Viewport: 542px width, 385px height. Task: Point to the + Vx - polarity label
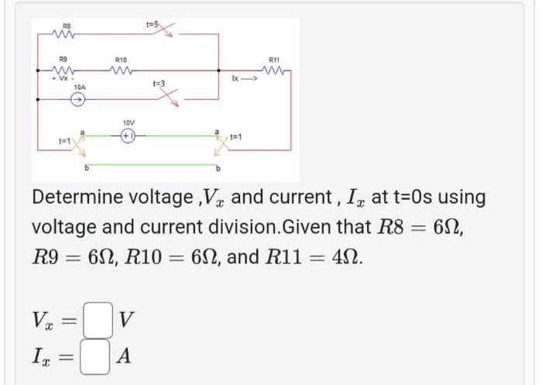[57, 79]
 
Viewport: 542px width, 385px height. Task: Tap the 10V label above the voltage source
[129, 122]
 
